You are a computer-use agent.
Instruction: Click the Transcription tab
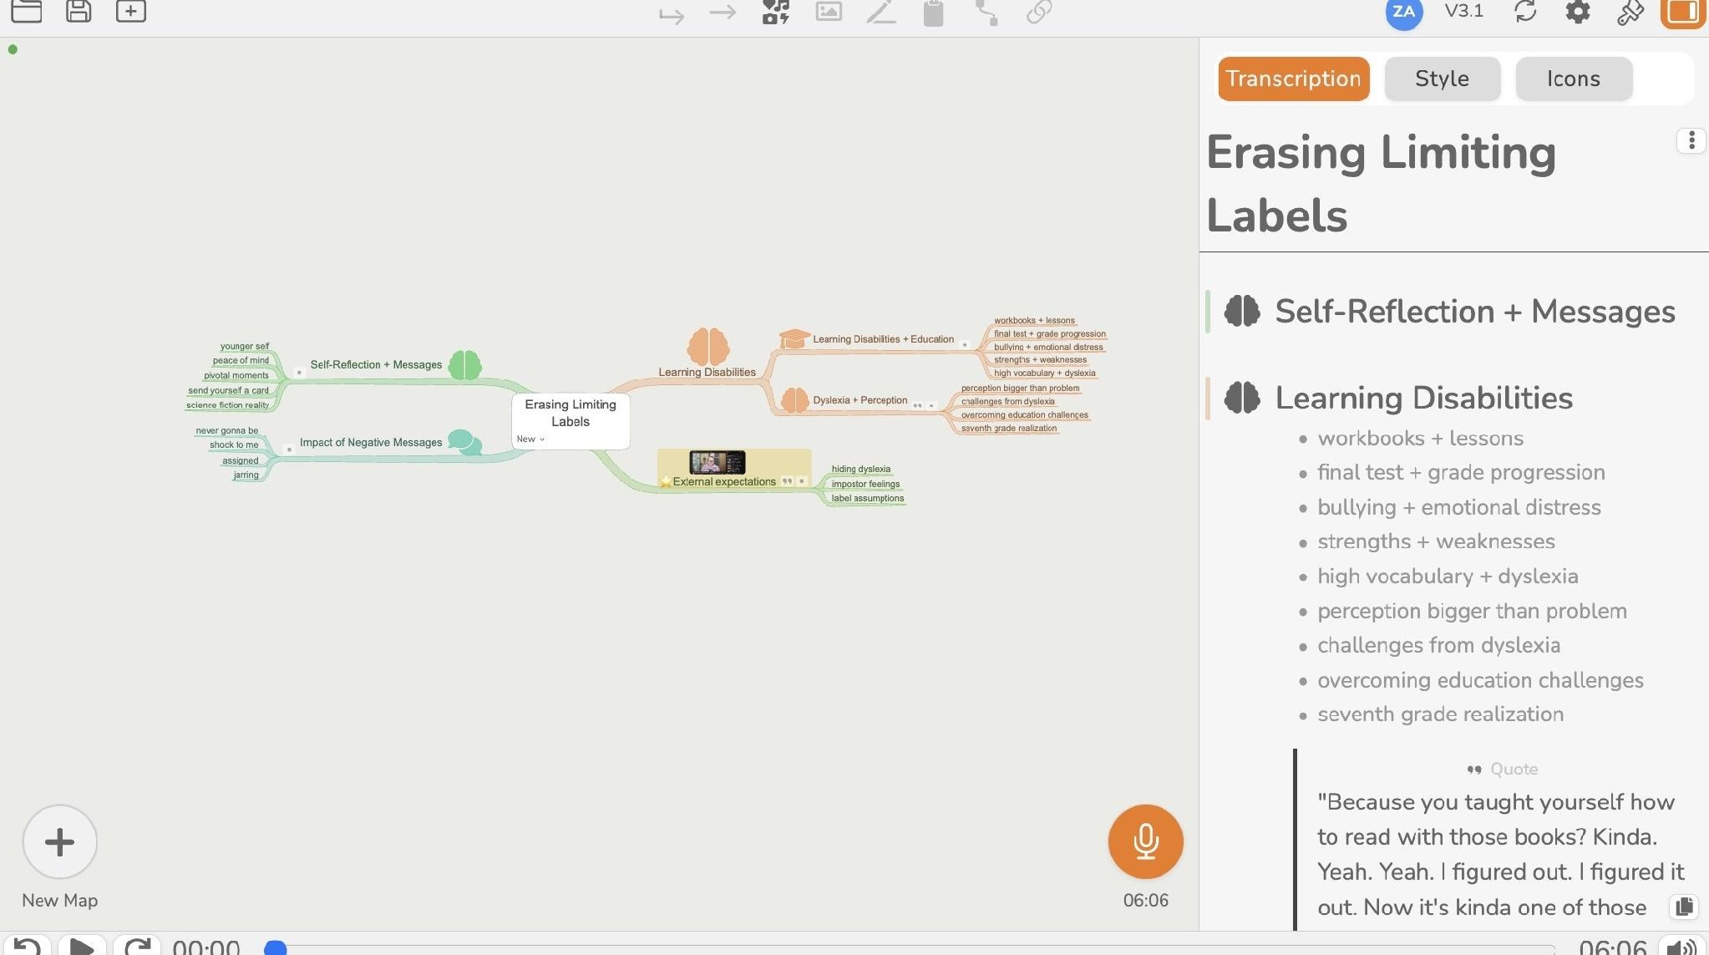(1293, 79)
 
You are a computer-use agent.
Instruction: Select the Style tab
(1442, 79)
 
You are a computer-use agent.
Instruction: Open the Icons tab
(1573, 79)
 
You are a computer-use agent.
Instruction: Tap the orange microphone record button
(1145, 841)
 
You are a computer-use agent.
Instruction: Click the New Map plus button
(60, 841)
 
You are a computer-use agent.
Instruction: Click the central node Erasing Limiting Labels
(571, 413)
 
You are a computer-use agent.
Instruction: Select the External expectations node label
(724, 482)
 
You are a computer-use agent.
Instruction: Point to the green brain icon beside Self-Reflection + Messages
(464, 365)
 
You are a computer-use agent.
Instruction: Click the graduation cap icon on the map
(794, 338)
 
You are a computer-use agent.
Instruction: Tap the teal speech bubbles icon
(464, 441)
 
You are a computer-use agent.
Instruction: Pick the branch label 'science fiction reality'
(227, 405)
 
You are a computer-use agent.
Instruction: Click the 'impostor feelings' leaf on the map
(865, 484)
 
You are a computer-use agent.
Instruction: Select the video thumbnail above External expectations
(717, 462)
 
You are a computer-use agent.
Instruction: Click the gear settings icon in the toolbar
(1577, 12)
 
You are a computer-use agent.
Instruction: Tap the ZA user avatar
(1403, 13)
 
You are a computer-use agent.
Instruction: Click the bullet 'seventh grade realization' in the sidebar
(1440, 714)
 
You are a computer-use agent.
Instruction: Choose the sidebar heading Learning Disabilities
(1423, 398)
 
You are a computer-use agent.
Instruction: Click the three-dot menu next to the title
(1691, 140)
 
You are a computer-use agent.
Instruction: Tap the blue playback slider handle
(276, 947)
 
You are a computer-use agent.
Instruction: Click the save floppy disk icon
(79, 11)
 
